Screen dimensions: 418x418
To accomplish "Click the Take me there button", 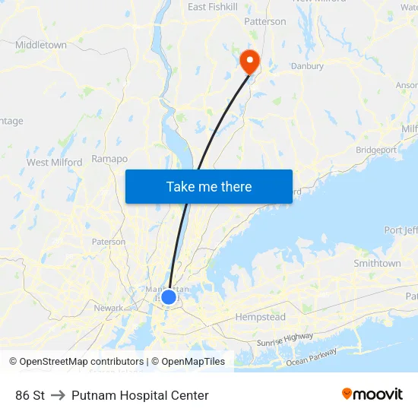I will tap(208, 186).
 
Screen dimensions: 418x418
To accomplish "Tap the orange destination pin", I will tap(249, 60).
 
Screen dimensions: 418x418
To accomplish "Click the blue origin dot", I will tap(169, 296).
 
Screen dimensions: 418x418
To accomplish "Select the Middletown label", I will tap(41, 45).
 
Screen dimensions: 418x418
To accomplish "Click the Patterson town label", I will tap(265, 21).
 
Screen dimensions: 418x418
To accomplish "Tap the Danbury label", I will tap(307, 66).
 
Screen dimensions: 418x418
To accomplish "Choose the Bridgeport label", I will tap(375, 150).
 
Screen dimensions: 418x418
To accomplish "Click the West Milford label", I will tap(54, 162).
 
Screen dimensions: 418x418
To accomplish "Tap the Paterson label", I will tap(109, 242).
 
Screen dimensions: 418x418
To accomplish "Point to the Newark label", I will tap(109, 308).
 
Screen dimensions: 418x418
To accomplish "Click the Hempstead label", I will tap(260, 316).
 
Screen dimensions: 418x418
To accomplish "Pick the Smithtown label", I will tap(377, 264).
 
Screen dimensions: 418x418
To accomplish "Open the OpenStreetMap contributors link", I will tap(81, 362).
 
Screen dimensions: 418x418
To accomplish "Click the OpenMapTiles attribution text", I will tap(193, 362).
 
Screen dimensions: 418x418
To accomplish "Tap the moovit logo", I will tap(372, 394).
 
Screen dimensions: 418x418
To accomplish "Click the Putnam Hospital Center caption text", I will tap(140, 395).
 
